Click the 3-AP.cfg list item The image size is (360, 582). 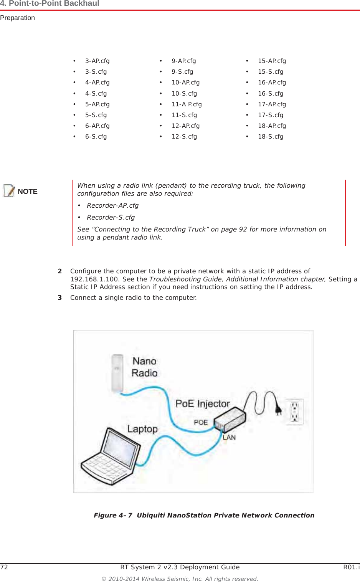97,61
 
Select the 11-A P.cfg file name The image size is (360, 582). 187,104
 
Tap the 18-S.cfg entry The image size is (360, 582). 271,137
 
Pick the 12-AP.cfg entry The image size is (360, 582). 185,126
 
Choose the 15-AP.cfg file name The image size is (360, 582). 272,61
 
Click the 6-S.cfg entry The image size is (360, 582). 96,137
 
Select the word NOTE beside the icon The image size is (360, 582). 28,192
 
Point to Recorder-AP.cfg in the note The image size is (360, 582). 112,206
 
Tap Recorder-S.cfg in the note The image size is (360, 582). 111,218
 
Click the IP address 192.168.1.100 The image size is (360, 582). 94,279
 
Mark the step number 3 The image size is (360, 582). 60,298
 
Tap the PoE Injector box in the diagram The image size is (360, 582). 230,419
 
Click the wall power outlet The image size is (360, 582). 294,412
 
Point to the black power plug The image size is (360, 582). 278,410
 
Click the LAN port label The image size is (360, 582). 229,438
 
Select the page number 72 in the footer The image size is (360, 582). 4,567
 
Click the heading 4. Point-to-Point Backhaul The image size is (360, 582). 50,4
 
